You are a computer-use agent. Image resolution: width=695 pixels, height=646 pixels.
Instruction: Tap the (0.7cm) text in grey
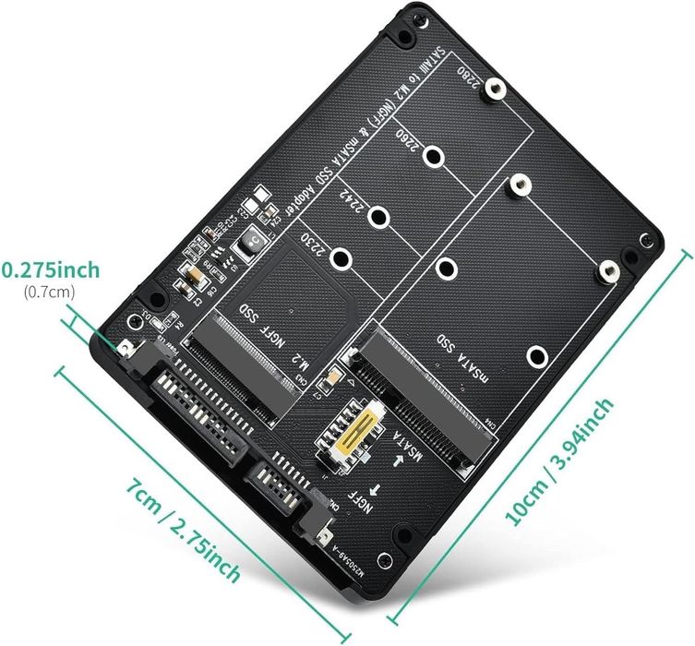tap(50, 293)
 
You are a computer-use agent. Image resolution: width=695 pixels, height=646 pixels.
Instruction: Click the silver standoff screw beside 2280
tap(496, 90)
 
